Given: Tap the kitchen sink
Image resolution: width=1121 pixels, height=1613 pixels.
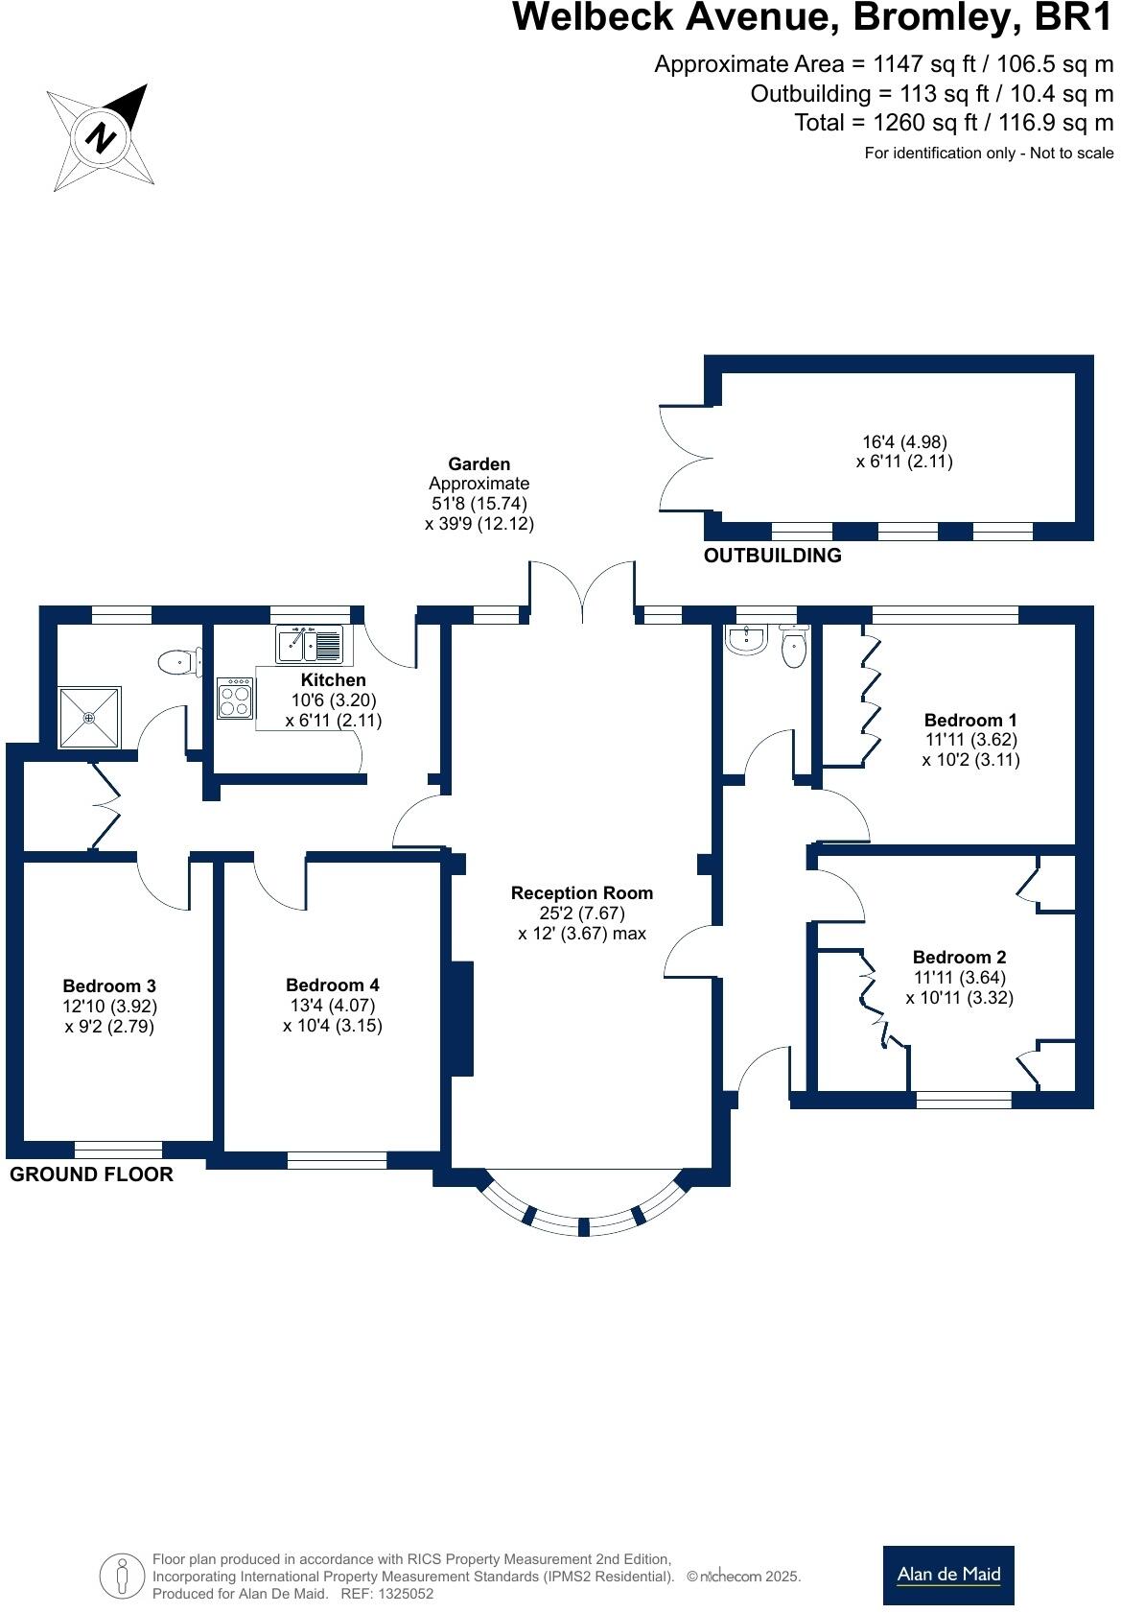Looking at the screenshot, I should coord(309,644).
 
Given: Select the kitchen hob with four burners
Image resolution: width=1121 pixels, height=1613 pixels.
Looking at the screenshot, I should coord(235,698).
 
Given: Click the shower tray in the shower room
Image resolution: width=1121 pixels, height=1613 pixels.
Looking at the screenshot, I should coord(89,717).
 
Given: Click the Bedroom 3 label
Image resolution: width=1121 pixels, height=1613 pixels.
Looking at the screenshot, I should coord(109,985).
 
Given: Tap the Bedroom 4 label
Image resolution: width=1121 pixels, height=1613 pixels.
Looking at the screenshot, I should coord(333,984).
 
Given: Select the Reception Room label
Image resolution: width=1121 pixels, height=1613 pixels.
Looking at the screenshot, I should coord(582,892).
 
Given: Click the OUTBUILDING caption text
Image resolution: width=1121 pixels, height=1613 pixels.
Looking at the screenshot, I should coord(773,556).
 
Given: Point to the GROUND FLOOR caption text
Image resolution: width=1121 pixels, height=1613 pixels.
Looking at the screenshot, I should coord(91,1174).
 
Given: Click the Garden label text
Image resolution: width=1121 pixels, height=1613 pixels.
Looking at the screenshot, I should coord(479,463).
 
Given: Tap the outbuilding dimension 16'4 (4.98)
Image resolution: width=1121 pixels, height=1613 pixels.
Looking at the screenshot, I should coord(904,441).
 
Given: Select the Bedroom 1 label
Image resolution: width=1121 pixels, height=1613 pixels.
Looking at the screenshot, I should coord(970,720).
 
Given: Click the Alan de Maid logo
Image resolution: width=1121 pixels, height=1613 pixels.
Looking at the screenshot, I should coord(948,1575).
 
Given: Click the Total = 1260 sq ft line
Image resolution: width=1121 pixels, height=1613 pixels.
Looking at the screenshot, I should coord(954,123).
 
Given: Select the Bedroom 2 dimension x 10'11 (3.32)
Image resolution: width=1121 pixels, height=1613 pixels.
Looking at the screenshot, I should coord(959,997).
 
